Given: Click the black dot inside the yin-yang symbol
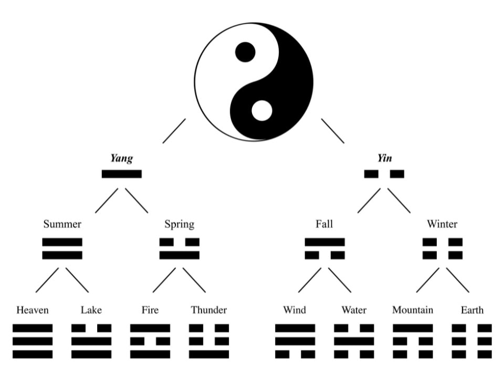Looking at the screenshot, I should point(245,52).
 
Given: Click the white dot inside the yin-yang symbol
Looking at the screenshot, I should point(262,111).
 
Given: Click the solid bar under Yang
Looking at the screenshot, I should point(121,174).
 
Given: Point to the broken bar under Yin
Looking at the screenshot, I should point(384,174).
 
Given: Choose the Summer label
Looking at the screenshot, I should point(62,225).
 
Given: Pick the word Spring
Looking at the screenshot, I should point(179,225).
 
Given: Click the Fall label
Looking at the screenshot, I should point(324,225).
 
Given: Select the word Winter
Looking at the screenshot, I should point(442,225).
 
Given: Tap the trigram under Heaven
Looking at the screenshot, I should point(33,341).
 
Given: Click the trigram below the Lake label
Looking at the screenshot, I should point(91,341).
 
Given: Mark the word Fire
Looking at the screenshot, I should point(150,310).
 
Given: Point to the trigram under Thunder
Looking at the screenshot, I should point(209,341).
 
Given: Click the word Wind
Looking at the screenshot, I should point(295,310).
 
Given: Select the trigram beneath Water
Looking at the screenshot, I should point(354,341).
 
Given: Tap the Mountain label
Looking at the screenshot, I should point(413,310).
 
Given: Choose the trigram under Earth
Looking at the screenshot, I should point(472,341).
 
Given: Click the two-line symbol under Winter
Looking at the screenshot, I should point(443,249).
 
